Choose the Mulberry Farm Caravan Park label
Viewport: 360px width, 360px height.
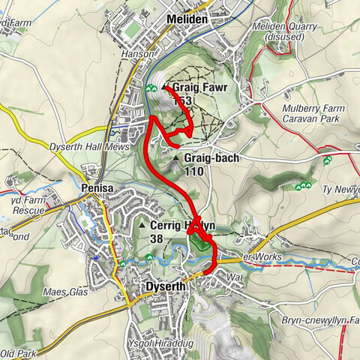tap(313, 113)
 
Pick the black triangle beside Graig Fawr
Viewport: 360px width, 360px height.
tap(164, 88)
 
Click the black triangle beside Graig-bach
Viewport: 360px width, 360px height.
tap(176, 159)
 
